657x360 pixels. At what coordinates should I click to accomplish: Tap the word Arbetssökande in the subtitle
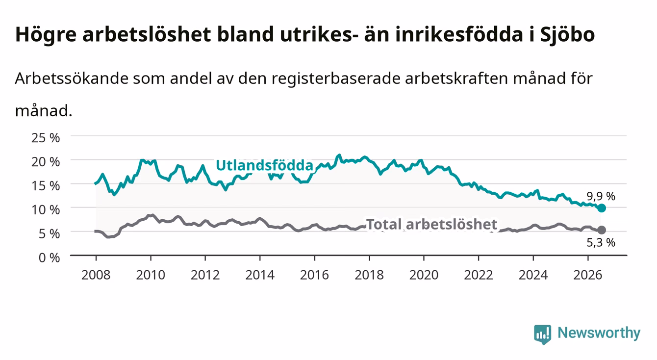pos(72,78)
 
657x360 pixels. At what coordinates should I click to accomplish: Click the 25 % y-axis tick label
pos(46,138)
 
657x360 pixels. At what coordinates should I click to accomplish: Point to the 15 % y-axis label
pos(46,186)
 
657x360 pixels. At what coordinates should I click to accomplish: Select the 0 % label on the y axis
pos(49,257)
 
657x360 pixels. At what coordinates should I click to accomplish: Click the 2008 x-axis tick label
pos(96,275)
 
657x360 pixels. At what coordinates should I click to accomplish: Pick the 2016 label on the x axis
pos(314,275)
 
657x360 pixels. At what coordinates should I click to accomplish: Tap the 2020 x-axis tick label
pos(424,275)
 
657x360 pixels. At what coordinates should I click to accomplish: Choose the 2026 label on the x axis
pos(588,275)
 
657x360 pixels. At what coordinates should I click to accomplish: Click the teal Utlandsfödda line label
pos(265,165)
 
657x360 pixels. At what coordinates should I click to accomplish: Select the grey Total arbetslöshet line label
pos(432,225)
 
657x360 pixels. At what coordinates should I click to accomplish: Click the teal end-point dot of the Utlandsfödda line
pos(602,208)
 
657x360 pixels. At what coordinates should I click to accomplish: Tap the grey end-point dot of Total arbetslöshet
pos(602,230)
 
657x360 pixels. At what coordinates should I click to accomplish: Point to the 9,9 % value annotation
pos(601,196)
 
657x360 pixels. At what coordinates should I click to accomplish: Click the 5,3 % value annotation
pos(601,243)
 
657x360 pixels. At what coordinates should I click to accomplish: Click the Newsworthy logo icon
pos(542,334)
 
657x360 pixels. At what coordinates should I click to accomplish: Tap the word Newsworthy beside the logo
pos(599,333)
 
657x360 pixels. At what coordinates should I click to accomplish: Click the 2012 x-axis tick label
pos(205,275)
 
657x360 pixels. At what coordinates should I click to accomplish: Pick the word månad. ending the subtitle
pos(44,111)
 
